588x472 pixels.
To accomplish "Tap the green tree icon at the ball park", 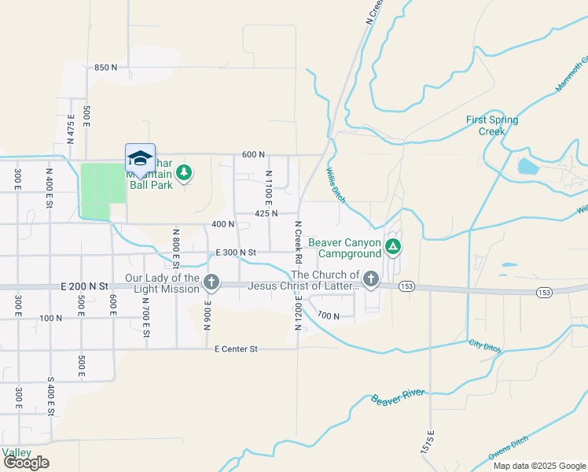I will (184, 171).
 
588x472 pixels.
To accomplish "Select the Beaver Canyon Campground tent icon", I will (393, 248).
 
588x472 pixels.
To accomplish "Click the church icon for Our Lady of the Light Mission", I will (211, 282).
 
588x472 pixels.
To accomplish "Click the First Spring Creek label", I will (492, 125).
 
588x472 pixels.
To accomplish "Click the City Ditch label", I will (484, 345).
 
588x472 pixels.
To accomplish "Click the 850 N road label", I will (105, 68).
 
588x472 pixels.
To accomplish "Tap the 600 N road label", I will (254, 154).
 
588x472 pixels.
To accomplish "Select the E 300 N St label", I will (236, 252).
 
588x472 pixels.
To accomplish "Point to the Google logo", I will (26, 463).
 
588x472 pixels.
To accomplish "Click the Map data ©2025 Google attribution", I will (539, 466).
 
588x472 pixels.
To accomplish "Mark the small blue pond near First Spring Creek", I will (524, 166).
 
